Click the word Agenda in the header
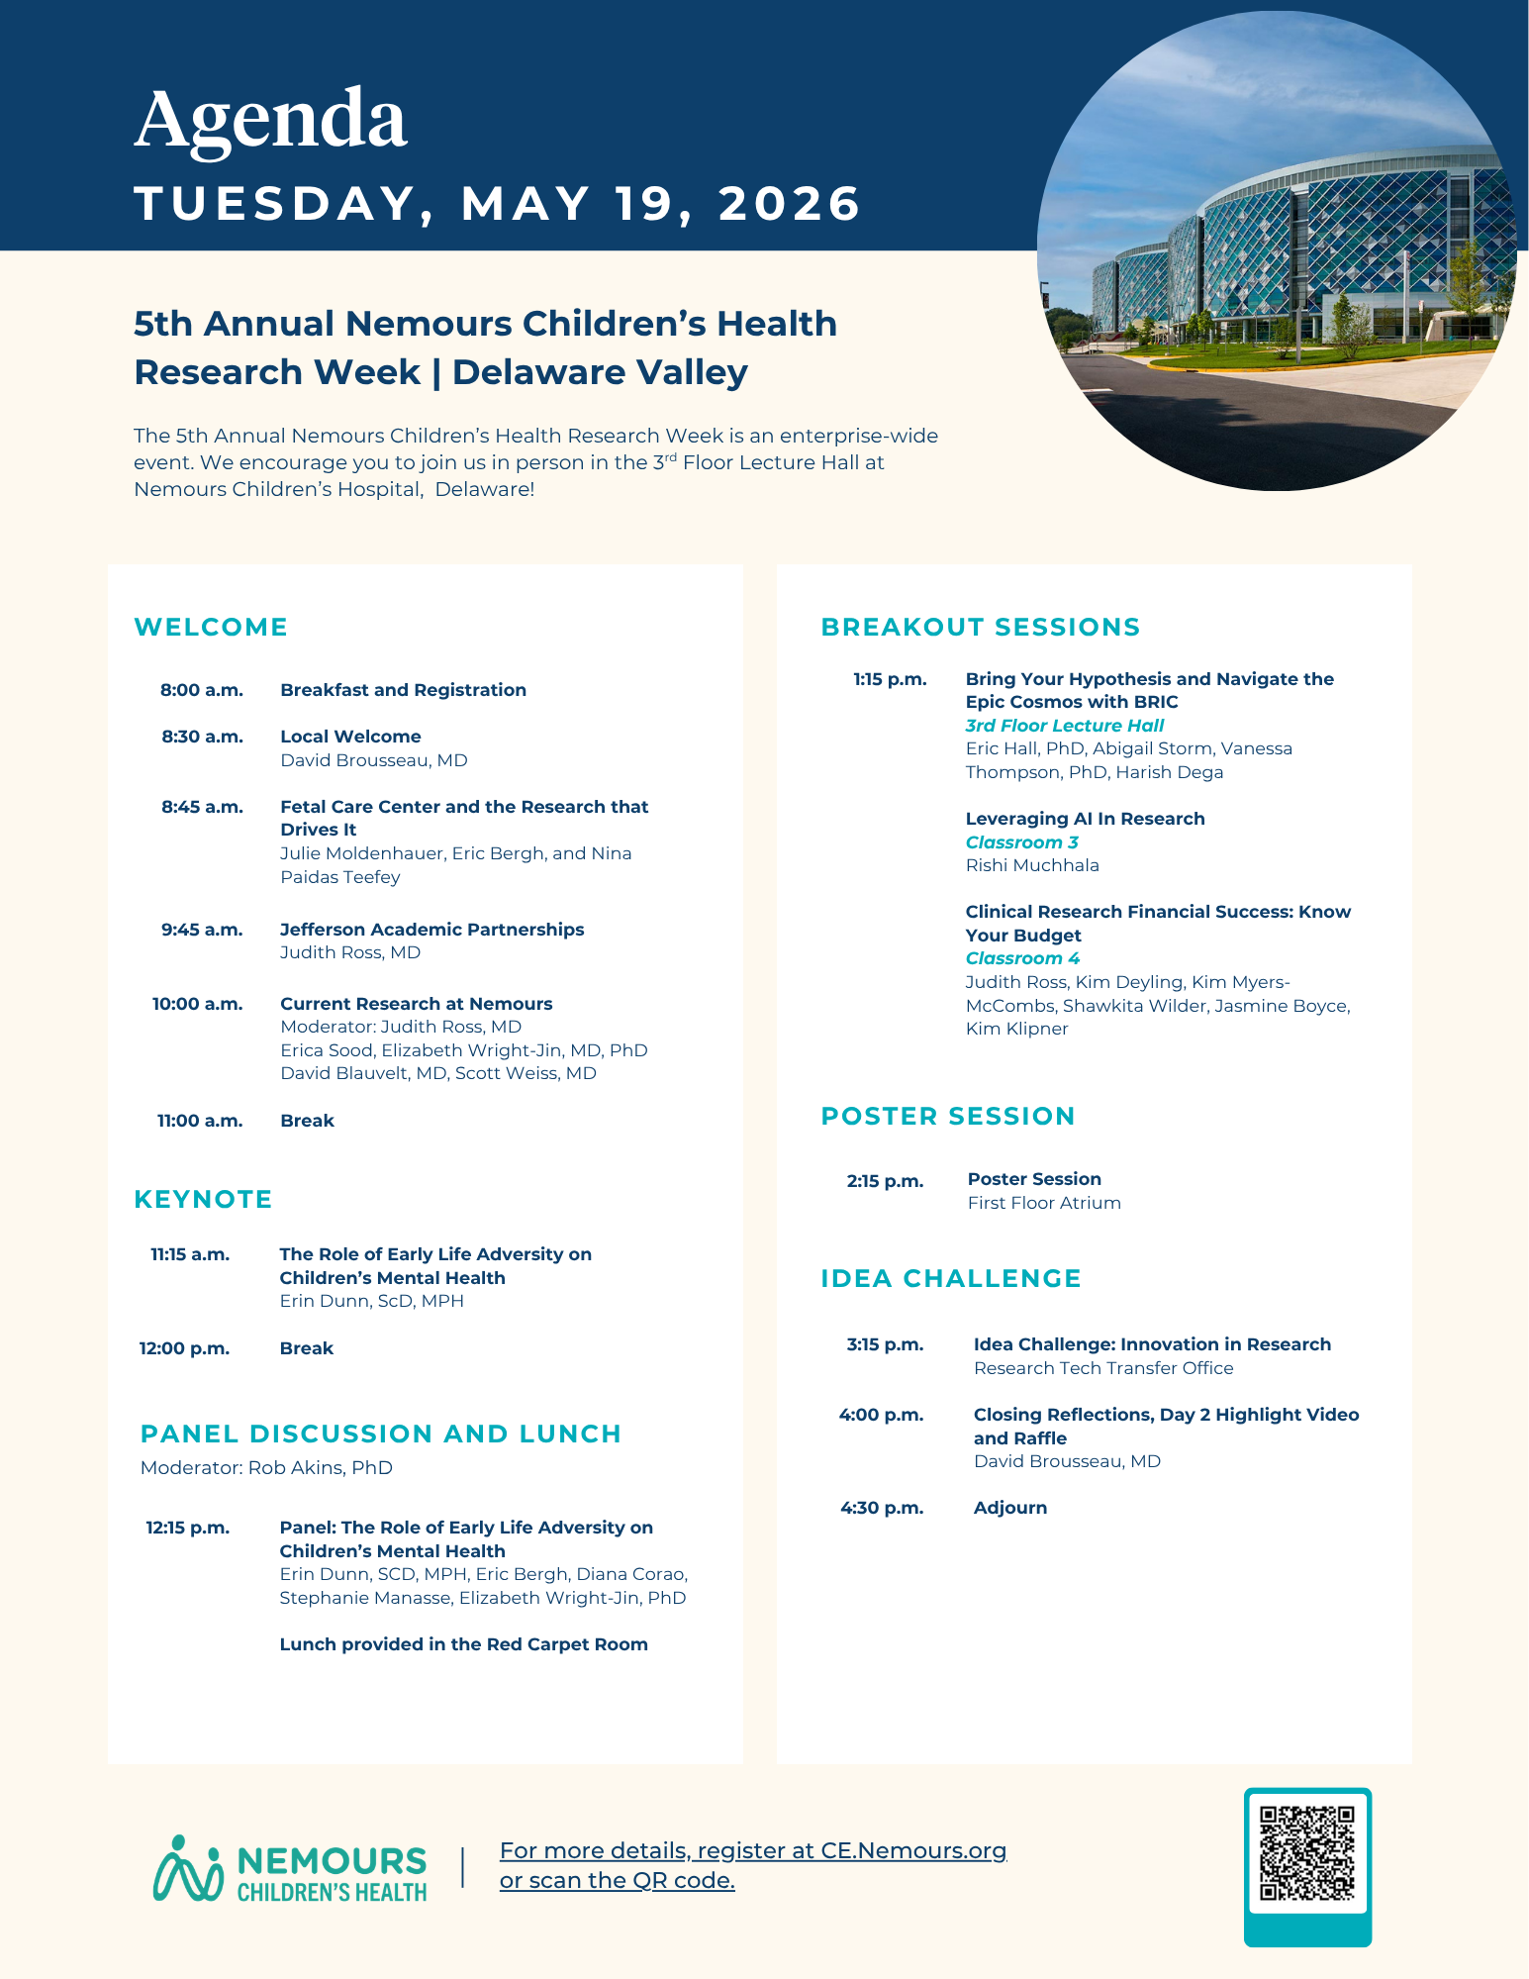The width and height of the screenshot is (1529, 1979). (270, 121)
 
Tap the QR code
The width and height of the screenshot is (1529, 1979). (1307, 1853)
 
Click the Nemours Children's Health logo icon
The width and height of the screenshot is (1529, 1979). (188, 1869)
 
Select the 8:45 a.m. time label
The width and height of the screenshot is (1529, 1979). (203, 807)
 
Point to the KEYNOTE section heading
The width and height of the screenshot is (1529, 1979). (203, 1199)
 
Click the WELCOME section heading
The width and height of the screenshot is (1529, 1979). (211, 627)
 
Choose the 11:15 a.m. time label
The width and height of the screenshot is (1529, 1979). (190, 1254)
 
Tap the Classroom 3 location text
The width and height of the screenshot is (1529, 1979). (1022, 842)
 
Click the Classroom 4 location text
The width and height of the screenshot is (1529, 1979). (1022, 958)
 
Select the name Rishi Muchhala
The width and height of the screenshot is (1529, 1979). (1032, 865)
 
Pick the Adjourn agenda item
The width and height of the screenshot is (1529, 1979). (1010, 1508)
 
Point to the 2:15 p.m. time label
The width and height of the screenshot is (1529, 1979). (885, 1181)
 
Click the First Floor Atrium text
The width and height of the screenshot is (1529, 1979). (1044, 1203)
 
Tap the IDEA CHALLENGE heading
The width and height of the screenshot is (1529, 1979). (951, 1278)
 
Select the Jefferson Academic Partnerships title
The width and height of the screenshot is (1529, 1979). (431, 930)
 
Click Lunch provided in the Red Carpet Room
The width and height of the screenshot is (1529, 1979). (463, 1644)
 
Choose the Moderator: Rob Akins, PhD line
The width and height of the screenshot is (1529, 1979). (266, 1467)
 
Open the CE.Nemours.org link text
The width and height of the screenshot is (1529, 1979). (911, 1850)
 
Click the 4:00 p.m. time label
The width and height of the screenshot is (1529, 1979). (881, 1415)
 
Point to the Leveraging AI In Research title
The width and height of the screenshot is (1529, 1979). (1086, 819)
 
